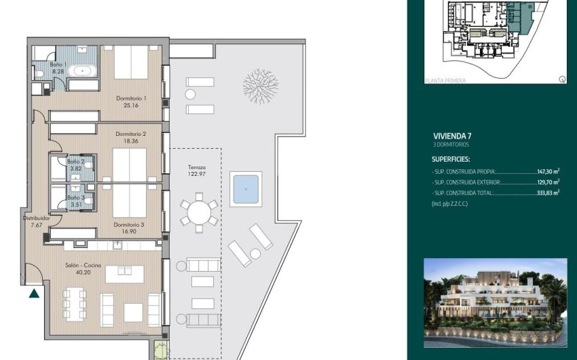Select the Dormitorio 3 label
(128, 223)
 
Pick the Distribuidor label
(32, 219)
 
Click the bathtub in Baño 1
(84, 70)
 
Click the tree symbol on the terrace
(260, 86)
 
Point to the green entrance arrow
(34, 293)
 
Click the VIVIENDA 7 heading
(451, 136)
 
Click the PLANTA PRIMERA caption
(445, 81)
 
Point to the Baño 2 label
(75, 162)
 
